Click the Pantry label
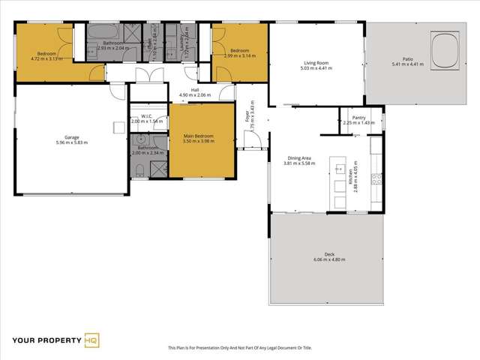[358, 118]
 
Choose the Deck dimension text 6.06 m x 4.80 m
[327, 259]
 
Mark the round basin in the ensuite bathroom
[140, 139]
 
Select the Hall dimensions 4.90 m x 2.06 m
[195, 95]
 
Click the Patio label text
[407, 59]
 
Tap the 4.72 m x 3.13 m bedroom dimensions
[45, 58]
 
